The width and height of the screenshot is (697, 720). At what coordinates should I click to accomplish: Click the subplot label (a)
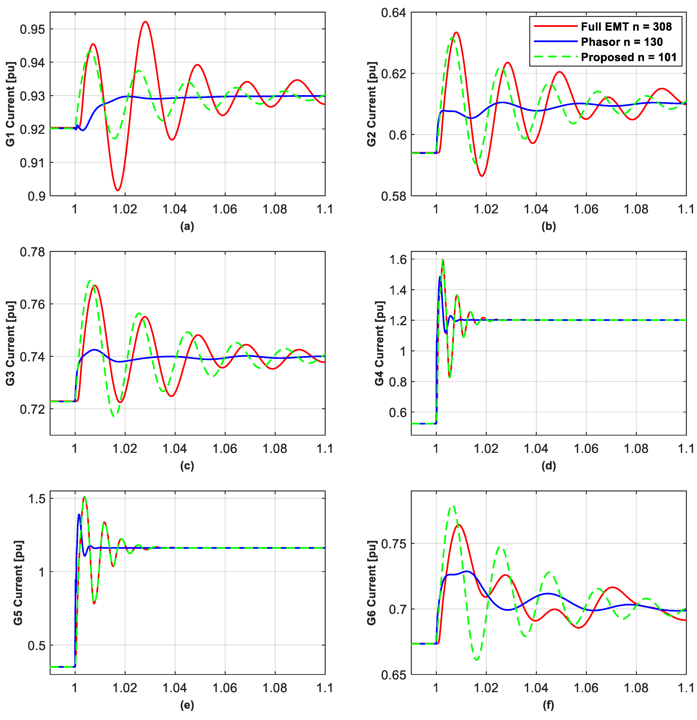point(187,227)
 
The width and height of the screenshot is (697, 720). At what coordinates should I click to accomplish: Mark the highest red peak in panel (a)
point(146,22)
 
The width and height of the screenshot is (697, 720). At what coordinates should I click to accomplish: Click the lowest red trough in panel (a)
point(118,190)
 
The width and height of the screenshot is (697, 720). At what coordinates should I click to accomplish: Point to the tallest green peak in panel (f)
point(453,506)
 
